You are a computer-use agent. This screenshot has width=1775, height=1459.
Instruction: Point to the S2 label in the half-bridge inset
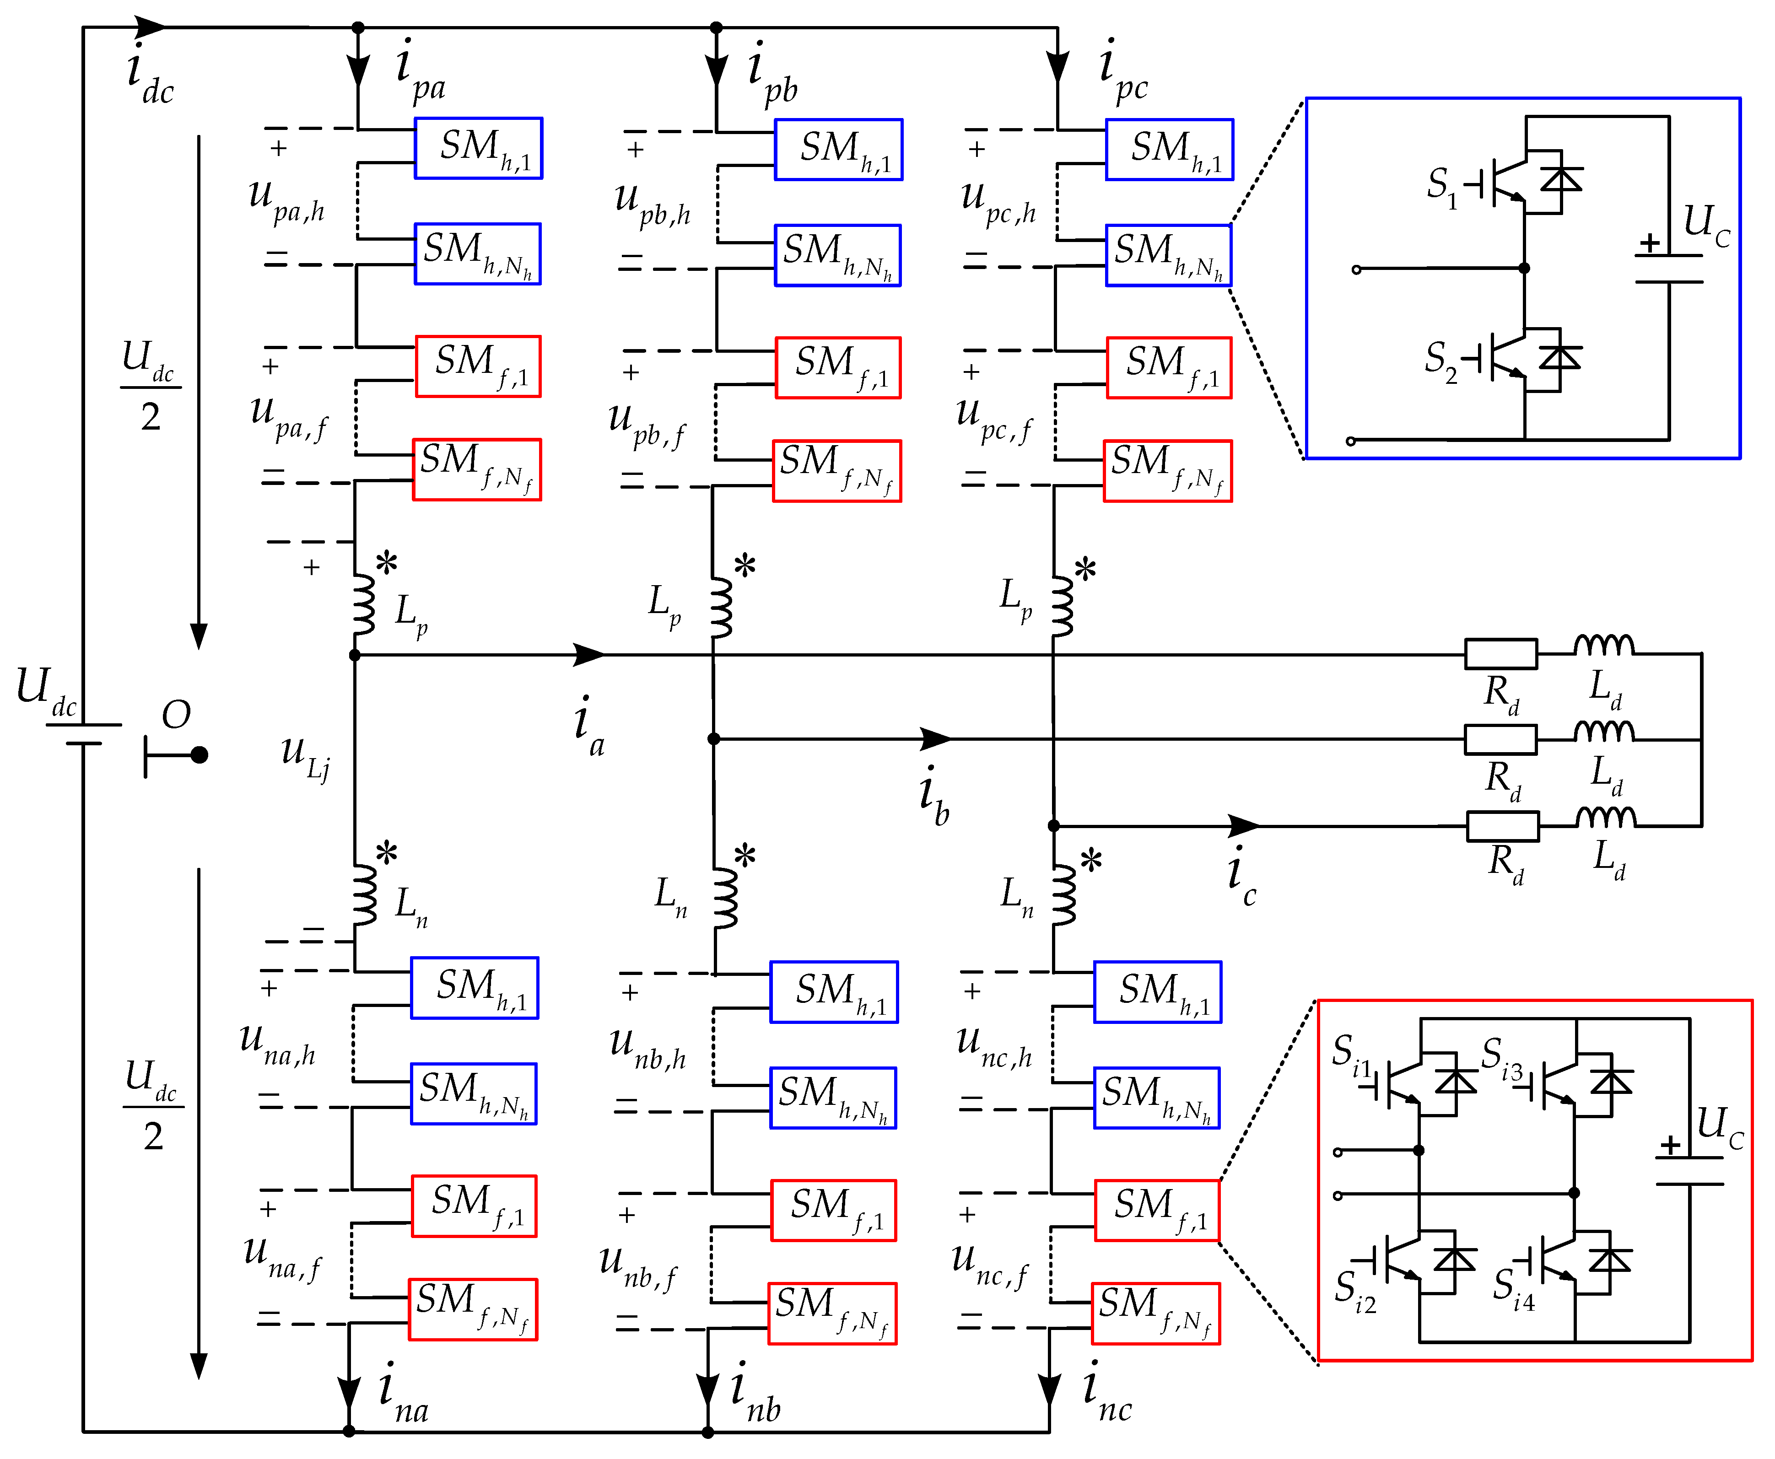click(1441, 360)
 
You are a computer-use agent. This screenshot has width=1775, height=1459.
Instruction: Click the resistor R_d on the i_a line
click(1501, 653)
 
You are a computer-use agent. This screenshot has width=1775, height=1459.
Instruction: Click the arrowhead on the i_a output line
click(588, 654)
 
